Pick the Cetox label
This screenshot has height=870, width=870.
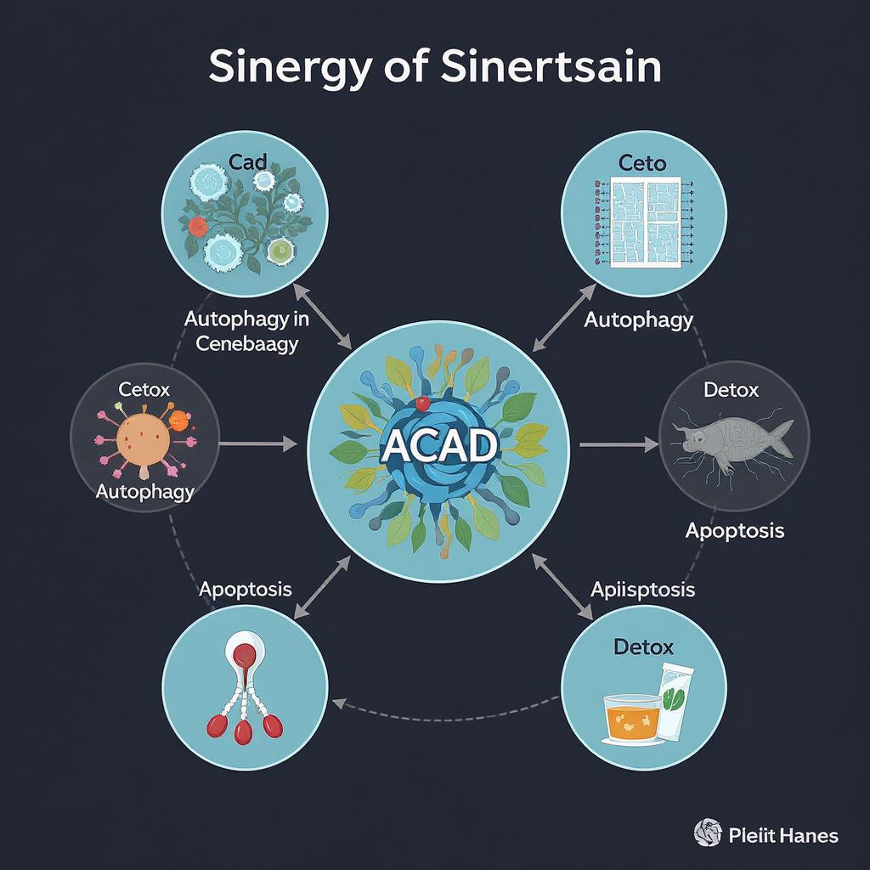(144, 389)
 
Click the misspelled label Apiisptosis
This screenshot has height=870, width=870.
(642, 589)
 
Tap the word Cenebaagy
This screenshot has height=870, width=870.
(246, 344)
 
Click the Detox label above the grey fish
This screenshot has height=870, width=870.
(731, 390)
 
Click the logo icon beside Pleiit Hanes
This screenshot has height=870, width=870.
(708, 833)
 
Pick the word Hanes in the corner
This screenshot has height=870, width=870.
(808, 835)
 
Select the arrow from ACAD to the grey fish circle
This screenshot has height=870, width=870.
(619, 443)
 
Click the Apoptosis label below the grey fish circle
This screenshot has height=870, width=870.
(734, 531)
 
